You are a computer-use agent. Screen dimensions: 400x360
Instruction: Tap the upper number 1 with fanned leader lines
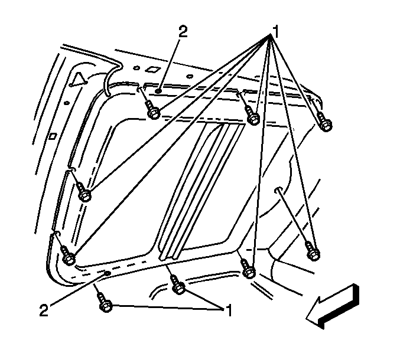pos(275,32)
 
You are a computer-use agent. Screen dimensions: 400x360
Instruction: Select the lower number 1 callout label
pos(229,310)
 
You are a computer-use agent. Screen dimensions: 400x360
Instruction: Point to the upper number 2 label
pos(183,31)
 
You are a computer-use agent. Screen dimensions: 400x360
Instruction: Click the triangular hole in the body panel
pos(79,78)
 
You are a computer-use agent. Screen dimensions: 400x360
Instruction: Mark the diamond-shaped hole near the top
pos(152,70)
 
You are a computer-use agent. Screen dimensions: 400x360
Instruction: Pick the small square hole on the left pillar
pos(53,136)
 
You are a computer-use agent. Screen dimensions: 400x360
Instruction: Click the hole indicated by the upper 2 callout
pos(158,91)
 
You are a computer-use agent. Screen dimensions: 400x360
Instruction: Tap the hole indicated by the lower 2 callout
pos(107,273)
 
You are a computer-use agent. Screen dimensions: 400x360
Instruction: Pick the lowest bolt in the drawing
pos(105,303)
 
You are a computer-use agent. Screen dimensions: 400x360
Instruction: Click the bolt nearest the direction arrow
pos(313,252)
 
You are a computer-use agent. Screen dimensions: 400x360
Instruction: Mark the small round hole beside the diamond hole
pos(136,68)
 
